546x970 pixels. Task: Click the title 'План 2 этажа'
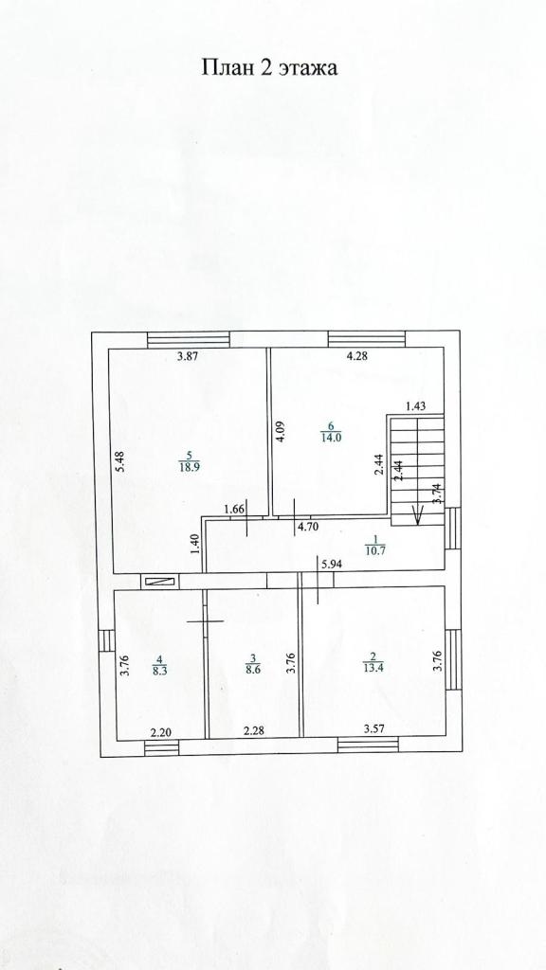[x=269, y=67]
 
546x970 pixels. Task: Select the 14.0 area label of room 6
[x=331, y=436]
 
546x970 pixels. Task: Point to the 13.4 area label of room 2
[x=373, y=666]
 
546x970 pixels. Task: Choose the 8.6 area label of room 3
[x=252, y=668]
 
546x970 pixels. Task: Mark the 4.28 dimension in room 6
[x=357, y=356]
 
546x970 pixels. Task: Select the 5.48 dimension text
[x=120, y=461]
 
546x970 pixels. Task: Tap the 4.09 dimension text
[x=281, y=431]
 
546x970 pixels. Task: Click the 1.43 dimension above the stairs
[x=415, y=406]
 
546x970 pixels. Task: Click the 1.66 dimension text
[x=234, y=510]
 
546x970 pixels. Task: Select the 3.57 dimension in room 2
[x=374, y=728]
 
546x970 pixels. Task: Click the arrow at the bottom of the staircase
[x=418, y=513]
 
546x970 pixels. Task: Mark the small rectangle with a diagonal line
[x=159, y=581]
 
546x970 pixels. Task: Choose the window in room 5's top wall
[x=189, y=340]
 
